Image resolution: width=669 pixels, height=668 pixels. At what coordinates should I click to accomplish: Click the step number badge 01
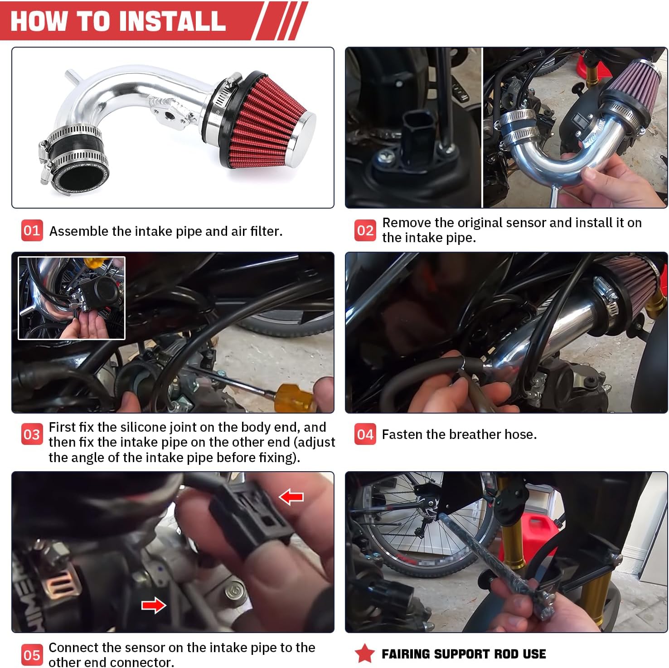[32, 230]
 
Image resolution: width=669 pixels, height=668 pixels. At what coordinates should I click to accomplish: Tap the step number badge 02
[365, 230]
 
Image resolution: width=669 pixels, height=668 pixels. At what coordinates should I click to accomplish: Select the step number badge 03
[32, 434]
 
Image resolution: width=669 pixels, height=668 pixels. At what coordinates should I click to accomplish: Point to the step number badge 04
[365, 434]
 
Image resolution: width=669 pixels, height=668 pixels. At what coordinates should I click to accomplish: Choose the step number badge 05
[32, 655]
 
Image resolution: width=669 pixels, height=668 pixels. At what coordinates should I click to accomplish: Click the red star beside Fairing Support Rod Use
[365, 653]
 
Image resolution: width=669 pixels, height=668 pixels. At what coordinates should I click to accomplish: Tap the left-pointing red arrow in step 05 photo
[291, 497]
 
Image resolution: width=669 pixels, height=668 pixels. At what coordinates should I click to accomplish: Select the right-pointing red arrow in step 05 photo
[154, 605]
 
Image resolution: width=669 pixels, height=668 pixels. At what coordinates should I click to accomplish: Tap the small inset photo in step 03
[72, 298]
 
